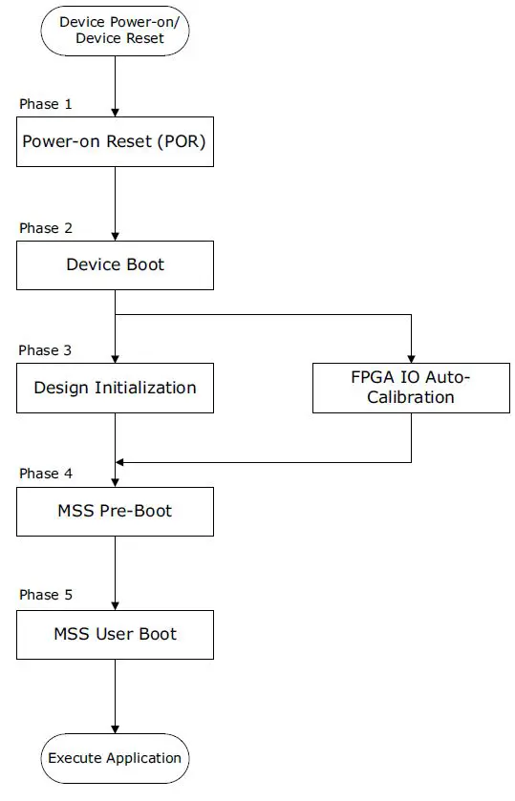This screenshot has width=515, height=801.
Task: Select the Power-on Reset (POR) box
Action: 115,142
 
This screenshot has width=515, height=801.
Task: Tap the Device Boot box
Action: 115,264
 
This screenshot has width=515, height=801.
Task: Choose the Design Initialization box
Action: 115,388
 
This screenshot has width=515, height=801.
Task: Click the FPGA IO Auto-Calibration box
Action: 411,388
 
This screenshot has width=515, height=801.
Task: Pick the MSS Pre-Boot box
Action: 115,511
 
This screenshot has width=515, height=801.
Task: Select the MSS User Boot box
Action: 115,634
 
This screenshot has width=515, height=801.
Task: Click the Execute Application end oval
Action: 115,758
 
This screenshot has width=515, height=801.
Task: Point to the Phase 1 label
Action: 45,104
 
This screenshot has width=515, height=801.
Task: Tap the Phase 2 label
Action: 45,228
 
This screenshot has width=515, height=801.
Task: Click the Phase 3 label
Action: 45,350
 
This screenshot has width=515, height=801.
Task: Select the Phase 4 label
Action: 45,474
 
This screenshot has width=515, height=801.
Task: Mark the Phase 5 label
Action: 45,595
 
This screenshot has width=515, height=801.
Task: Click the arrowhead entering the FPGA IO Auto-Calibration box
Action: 411,357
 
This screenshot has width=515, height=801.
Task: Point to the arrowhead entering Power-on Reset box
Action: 115,112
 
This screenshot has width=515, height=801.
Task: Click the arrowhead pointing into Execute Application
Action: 115,727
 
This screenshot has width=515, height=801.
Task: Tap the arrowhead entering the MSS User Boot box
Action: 115,604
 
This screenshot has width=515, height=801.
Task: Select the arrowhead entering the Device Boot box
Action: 115,235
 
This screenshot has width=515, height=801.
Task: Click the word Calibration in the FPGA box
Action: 411,397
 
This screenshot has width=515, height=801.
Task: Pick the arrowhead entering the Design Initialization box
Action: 115,357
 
